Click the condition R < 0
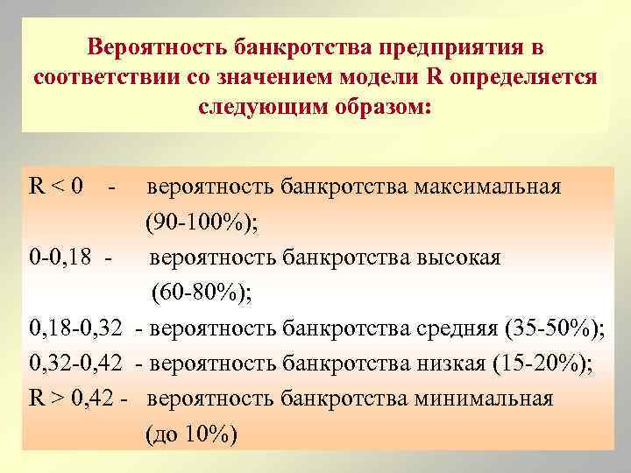(56, 187)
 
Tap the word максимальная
(487, 187)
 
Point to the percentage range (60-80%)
(202, 293)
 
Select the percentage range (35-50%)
(555, 329)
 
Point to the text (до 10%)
(191, 436)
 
